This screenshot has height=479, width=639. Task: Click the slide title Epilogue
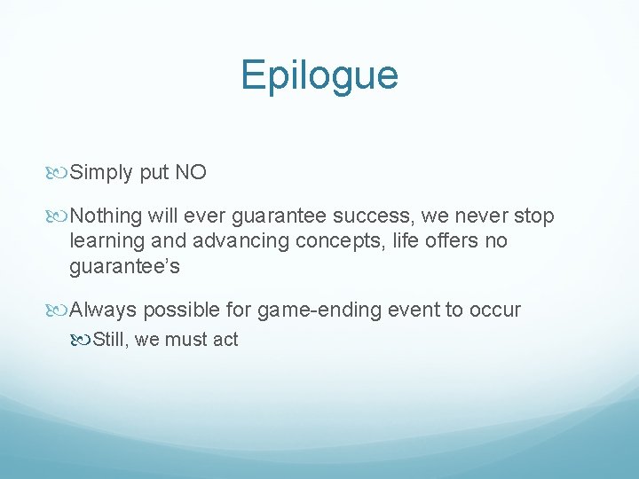(x=319, y=75)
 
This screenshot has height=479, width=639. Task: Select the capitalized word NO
(x=191, y=172)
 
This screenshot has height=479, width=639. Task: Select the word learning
(x=108, y=241)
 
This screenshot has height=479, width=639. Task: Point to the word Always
(x=103, y=310)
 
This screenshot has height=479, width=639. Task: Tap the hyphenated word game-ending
(x=312, y=310)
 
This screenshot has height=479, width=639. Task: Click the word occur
(x=494, y=310)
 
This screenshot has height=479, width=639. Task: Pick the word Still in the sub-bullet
(x=110, y=339)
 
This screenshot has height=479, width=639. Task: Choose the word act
(x=225, y=339)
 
